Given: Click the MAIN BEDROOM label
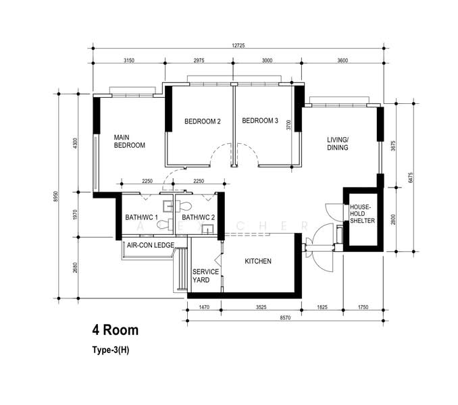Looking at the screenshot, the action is [130, 142].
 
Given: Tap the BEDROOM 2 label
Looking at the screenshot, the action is [203, 121].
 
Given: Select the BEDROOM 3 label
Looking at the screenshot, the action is [260, 121].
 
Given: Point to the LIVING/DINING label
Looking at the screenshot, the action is [338, 144].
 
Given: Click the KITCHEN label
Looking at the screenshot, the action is [258, 261].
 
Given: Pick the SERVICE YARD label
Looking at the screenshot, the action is [205, 276].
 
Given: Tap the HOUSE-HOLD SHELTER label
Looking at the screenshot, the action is [362, 214].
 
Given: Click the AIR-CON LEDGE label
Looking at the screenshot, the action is [151, 246].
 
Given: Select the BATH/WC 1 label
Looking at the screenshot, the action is [141, 217].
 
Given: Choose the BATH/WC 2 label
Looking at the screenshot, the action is [198, 217].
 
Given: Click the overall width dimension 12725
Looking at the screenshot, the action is [238, 45].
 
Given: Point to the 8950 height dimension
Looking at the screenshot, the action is [56, 198].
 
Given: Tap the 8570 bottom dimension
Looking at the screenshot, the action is [285, 318].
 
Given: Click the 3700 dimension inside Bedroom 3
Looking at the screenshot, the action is [288, 125].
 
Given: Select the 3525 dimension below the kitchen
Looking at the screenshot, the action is [261, 307].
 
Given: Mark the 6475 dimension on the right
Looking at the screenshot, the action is [411, 178].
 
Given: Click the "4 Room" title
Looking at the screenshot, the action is [116, 330].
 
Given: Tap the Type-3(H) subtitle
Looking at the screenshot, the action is [111, 350].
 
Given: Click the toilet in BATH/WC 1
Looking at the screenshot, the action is [163, 224].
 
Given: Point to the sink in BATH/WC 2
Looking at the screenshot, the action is [207, 229].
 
